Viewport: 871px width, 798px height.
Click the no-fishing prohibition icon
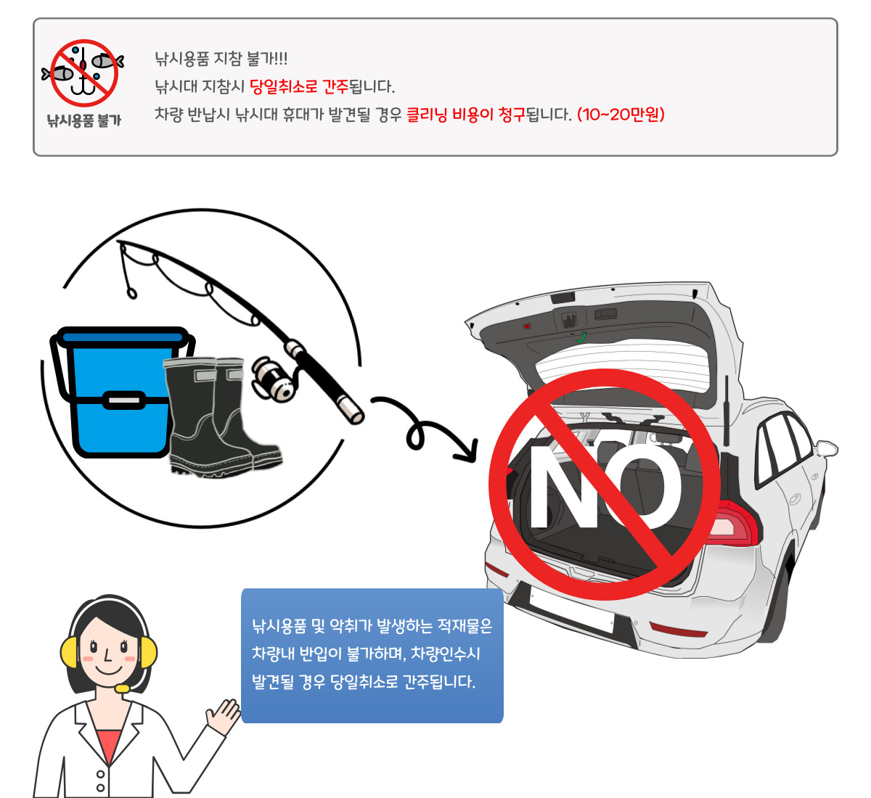tap(83, 73)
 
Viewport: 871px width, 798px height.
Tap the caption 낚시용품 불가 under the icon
tap(83, 120)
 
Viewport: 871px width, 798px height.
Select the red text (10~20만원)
tap(621, 115)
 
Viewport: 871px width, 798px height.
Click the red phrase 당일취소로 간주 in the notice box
tap(299, 87)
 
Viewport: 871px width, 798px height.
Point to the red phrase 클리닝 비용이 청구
tap(466, 115)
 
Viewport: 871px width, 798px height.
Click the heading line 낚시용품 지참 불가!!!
tap(221, 59)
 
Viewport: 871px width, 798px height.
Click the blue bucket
tap(120, 392)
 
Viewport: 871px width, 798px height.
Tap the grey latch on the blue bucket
tap(123, 400)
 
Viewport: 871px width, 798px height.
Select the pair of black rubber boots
tap(223, 417)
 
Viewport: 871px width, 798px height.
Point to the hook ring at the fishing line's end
tap(131, 294)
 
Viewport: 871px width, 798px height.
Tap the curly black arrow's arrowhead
tap(467, 451)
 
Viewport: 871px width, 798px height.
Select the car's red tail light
tap(734, 522)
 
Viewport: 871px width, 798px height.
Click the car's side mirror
tap(827, 448)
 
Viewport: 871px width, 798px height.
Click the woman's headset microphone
tap(122, 688)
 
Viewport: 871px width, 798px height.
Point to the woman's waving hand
tap(223, 716)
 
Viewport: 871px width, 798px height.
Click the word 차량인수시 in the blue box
tap(446, 654)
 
